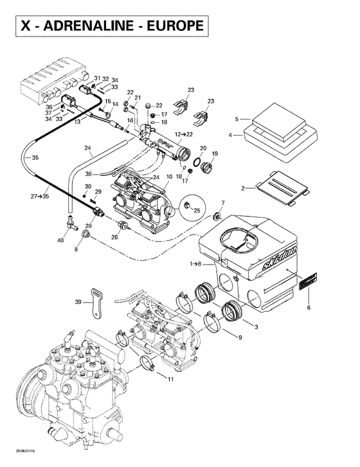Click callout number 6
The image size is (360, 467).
309,308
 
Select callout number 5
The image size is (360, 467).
237,119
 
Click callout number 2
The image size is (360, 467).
243,188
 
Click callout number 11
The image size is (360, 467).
170,380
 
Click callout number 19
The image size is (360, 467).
215,154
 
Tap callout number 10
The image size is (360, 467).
170,177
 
